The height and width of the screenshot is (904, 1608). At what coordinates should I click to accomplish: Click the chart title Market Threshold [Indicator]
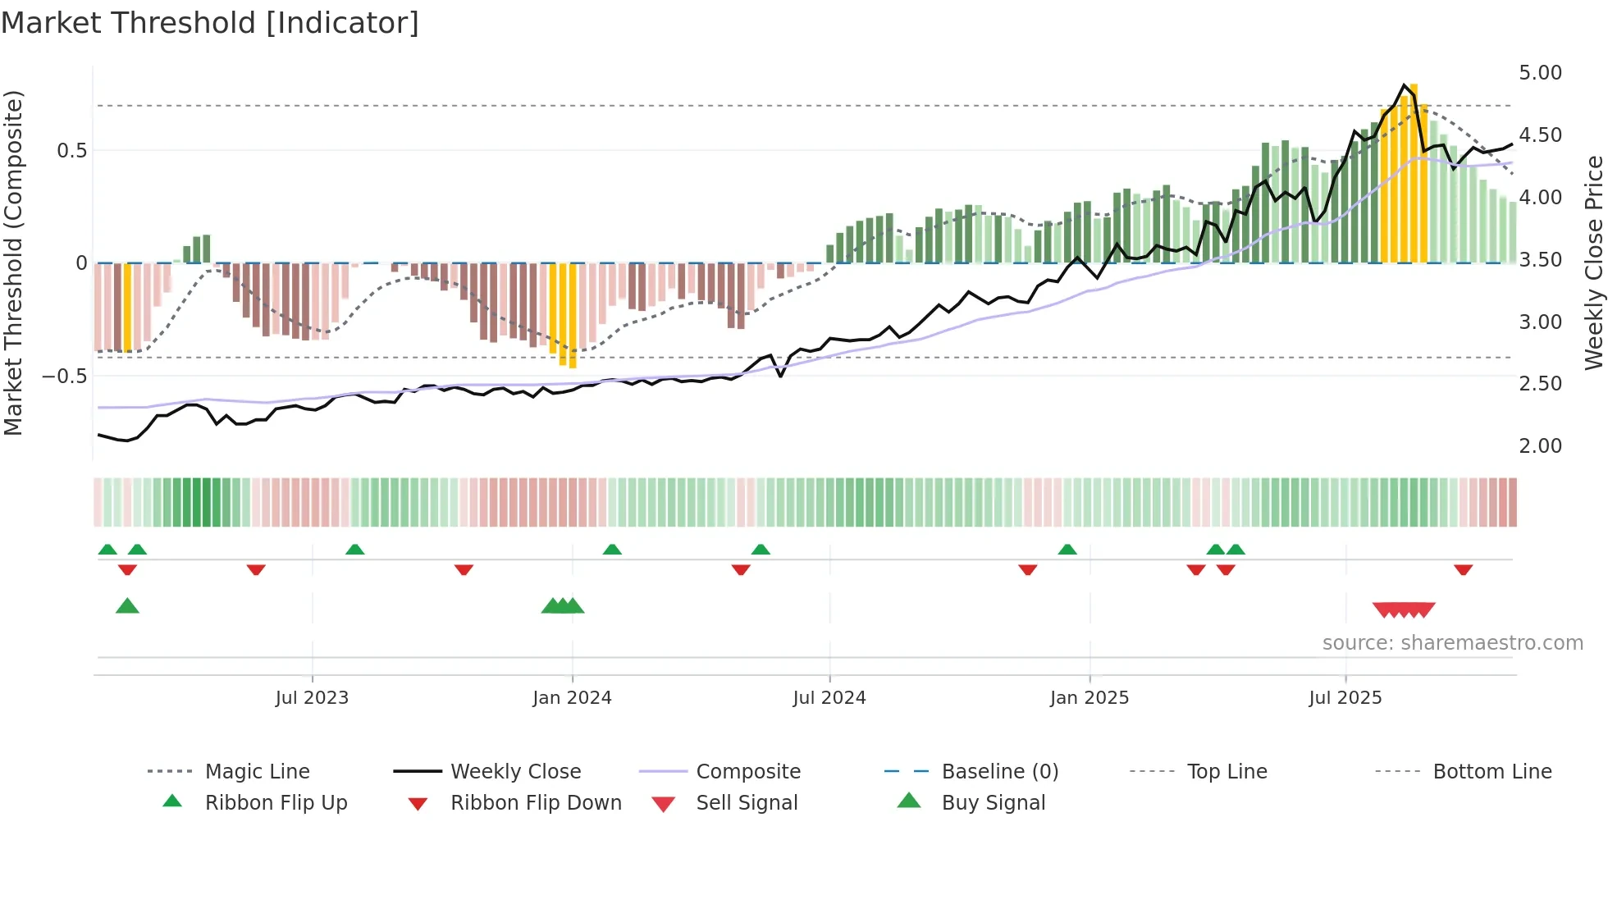click(210, 23)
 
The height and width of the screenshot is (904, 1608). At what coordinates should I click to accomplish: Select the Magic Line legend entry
click(257, 771)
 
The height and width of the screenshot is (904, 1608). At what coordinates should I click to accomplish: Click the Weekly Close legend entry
click(515, 771)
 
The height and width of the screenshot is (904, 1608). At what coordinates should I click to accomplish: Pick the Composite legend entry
click(747, 771)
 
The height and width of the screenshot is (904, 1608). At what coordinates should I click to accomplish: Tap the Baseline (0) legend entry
click(999, 771)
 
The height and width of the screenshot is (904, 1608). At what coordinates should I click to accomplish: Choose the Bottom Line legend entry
click(1492, 771)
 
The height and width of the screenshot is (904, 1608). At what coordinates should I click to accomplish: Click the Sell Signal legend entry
click(746, 802)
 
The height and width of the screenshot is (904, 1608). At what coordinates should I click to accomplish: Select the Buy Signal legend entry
click(993, 802)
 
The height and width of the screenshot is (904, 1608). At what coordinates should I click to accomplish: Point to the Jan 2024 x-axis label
click(572, 697)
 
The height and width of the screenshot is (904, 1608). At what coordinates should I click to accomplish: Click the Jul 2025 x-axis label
click(1345, 697)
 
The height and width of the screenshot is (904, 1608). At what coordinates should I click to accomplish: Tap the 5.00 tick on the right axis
click(1540, 72)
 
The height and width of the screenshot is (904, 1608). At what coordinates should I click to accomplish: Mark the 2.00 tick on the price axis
click(1540, 445)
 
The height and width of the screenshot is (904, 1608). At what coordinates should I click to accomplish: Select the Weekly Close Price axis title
click(1593, 263)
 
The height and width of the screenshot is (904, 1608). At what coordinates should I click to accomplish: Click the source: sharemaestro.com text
click(1452, 642)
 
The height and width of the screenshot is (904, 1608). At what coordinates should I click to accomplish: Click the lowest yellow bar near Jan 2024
click(573, 316)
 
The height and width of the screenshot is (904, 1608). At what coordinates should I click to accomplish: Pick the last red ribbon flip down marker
click(1463, 569)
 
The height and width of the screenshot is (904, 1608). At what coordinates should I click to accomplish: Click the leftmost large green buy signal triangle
click(127, 606)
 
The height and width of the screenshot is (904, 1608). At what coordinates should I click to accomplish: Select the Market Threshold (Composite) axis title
click(13, 263)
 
